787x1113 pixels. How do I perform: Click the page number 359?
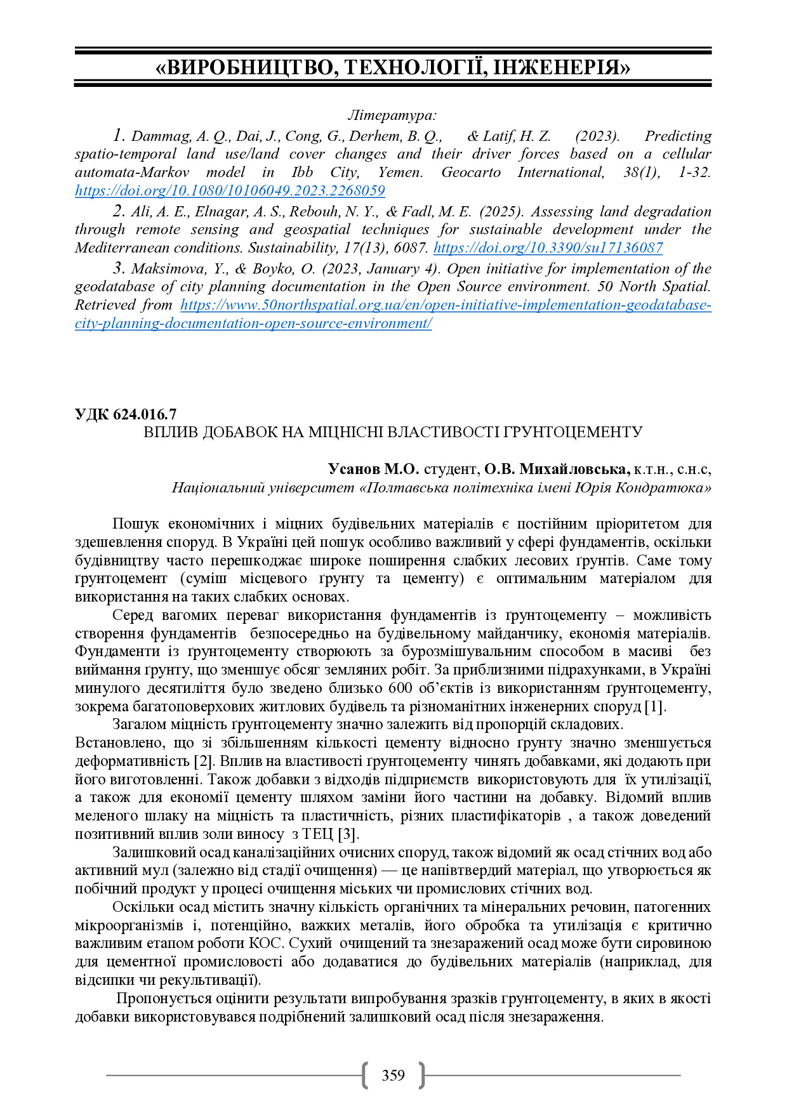click(393, 1075)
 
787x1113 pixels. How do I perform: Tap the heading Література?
click(392, 115)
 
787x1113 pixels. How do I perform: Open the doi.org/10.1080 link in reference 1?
click(230, 190)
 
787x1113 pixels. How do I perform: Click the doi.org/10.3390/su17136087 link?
click(548, 247)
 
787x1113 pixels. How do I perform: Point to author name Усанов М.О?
click(373, 469)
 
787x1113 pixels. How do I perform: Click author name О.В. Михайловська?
click(557, 469)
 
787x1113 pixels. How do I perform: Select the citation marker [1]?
click(654, 706)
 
